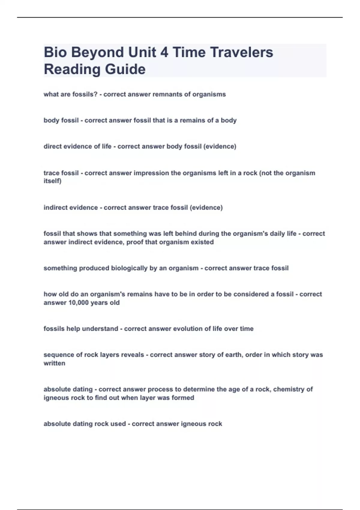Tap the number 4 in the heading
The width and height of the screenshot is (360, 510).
164,52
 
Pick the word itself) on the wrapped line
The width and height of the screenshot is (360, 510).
52,181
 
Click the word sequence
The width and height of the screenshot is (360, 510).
59,355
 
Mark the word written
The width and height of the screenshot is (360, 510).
54,363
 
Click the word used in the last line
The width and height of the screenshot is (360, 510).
118,424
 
